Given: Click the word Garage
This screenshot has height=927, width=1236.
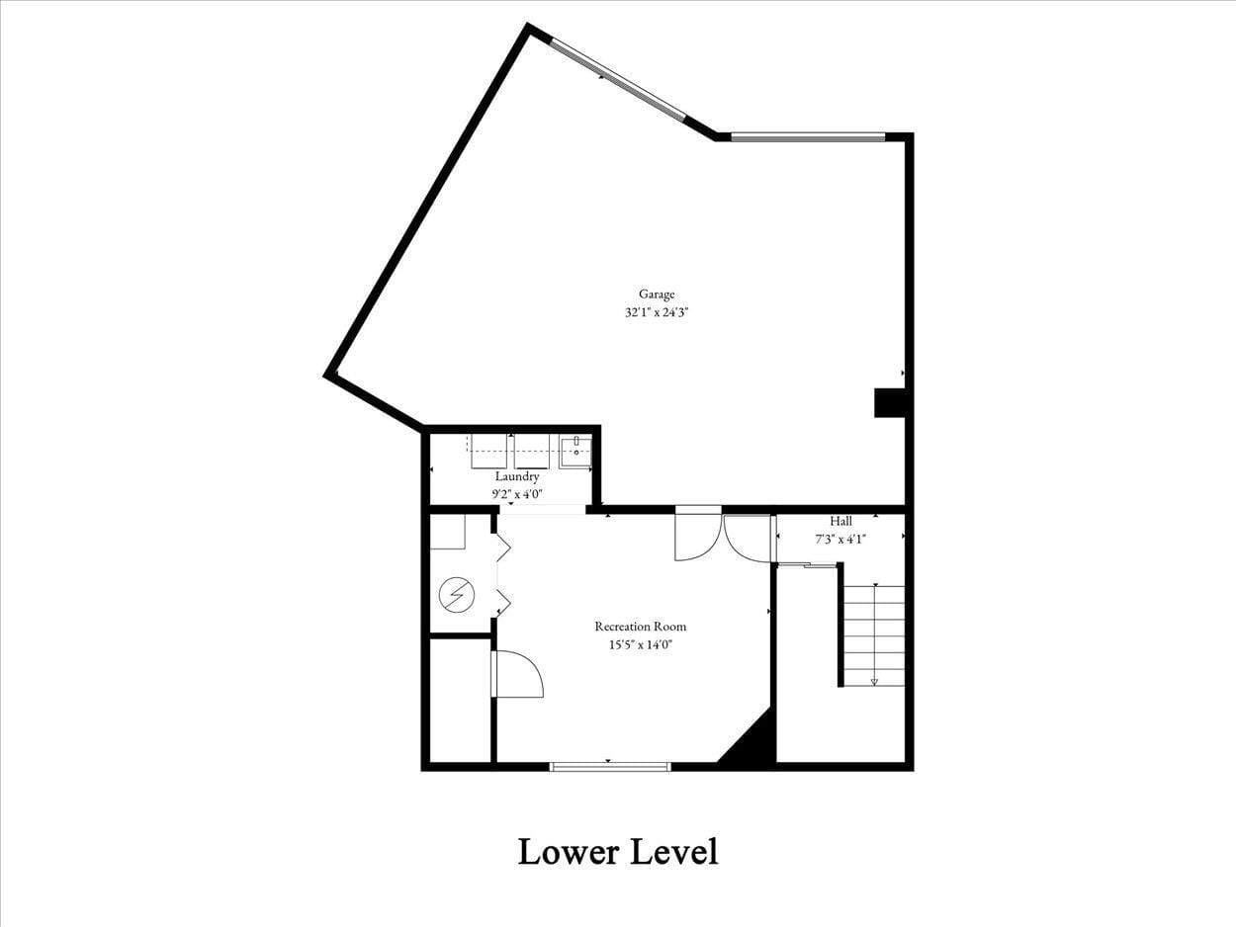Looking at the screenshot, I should (x=657, y=294).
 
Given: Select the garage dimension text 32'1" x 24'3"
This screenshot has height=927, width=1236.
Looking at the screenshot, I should (x=657, y=312).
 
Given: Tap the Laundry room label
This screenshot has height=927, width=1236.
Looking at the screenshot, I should (x=516, y=476).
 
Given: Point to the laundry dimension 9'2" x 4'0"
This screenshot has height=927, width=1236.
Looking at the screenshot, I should (x=516, y=493).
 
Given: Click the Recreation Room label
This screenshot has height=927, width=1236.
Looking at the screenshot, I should (x=640, y=627).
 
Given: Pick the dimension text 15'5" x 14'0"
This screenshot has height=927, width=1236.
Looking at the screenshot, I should (x=640, y=645).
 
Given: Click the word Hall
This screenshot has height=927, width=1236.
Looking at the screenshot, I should (x=840, y=521).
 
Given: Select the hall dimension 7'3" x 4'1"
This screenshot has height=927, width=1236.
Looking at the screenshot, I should (x=840, y=539).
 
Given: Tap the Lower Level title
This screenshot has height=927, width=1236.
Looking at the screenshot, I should (x=618, y=851).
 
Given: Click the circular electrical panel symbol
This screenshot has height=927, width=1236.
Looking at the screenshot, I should (x=457, y=595).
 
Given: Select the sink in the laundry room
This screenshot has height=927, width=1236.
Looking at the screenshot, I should (x=575, y=451).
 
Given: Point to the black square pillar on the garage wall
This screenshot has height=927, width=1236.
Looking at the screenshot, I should (x=889, y=403).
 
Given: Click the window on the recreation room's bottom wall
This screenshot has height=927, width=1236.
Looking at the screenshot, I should (x=610, y=766).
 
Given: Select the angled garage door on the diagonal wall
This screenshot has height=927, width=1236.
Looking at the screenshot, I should (x=618, y=80).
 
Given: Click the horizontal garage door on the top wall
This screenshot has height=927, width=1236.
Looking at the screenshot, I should (x=808, y=137).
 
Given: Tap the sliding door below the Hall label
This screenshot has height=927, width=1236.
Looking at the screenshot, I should (x=807, y=565).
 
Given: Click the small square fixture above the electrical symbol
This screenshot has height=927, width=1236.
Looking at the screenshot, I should (x=448, y=532).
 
